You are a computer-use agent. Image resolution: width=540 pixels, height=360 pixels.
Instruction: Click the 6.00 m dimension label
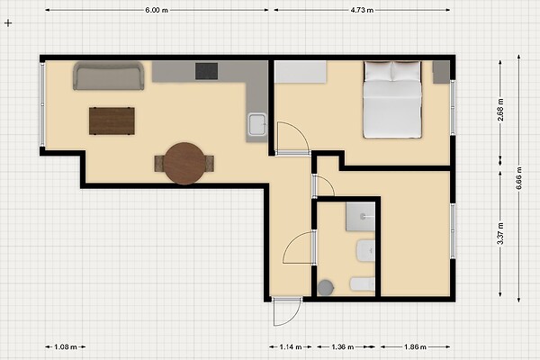(x=157, y=10)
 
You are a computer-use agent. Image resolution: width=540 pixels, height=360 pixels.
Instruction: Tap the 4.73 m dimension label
(x=362, y=10)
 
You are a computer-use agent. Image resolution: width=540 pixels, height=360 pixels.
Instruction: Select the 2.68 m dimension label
(x=500, y=110)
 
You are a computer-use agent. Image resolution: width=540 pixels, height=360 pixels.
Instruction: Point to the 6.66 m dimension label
(x=518, y=178)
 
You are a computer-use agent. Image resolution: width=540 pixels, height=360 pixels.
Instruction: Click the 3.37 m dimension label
(x=500, y=234)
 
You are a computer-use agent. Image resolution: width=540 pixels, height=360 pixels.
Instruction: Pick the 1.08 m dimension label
(x=66, y=346)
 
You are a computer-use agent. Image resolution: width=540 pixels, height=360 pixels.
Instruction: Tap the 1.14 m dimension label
(x=291, y=346)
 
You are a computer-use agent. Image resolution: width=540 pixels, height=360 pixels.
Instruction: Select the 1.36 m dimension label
(x=343, y=346)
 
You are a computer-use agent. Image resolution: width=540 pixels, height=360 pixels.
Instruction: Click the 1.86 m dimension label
(x=415, y=346)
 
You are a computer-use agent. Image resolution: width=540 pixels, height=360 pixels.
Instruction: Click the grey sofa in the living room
(x=109, y=76)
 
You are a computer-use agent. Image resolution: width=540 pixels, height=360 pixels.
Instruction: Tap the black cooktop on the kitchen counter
(x=207, y=71)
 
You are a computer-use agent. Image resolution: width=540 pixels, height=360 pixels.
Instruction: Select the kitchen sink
(x=257, y=124)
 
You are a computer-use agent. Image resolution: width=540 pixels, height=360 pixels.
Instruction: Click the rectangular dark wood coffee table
(x=112, y=121)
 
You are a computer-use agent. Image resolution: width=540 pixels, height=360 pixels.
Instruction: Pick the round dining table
(x=184, y=163)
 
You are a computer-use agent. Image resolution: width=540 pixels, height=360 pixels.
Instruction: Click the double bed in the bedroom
(x=392, y=100)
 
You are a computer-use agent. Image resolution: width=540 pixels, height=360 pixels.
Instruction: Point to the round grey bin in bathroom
(x=326, y=288)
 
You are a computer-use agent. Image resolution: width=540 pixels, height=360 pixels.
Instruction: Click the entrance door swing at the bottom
(x=286, y=311)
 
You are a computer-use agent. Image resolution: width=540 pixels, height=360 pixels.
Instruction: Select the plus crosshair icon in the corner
(x=8, y=23)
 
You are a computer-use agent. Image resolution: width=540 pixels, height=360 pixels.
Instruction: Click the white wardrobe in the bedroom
(x=301, y=72)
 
